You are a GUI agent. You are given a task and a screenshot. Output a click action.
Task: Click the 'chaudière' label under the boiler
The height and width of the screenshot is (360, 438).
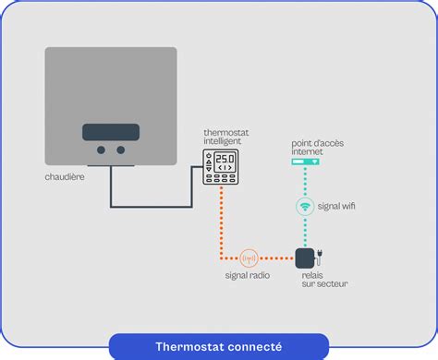tap(65, 176)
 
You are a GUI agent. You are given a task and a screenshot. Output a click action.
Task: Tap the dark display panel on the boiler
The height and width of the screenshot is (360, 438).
tap(111, 131)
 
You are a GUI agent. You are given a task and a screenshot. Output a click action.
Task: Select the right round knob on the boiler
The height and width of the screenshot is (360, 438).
tap(120, 150)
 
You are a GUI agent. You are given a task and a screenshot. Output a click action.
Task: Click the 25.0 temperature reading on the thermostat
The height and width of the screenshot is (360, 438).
tap(226, 160)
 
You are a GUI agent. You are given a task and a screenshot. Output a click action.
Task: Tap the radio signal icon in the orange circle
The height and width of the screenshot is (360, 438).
tap(250, 258)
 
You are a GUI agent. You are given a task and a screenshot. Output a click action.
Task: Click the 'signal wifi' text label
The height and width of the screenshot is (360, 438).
tap(336, 207)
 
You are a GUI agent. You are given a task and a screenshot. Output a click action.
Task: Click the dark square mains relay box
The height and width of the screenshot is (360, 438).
tap(305, 257)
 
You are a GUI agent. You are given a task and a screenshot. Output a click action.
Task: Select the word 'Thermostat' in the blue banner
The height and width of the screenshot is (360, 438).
tap(183, 346)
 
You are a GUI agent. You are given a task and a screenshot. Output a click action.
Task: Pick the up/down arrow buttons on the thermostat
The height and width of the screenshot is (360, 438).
tap(209, 162)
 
